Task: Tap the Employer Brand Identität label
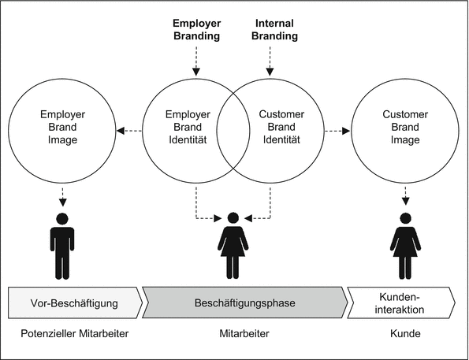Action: [186, 126]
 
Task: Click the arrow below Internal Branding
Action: [269, 60]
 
